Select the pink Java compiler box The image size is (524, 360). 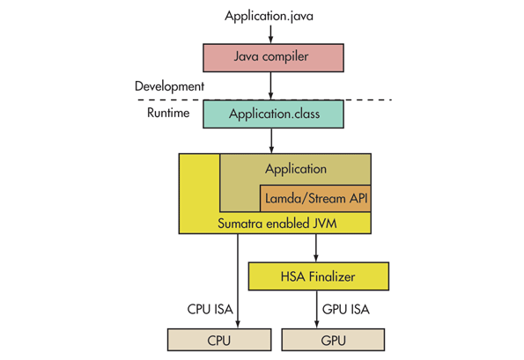tap(272, 57)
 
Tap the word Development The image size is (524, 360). tap(169, 86)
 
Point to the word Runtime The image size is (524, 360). tap(167, 113)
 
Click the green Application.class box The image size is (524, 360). tap(272, 114)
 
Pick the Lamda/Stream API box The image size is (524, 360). tap(314, 199)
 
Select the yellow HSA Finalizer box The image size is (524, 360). tap(319, 276)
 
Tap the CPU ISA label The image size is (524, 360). tap(210, 309)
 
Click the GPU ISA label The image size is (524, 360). tap(348, 309)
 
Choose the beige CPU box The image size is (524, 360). tap(219, 340)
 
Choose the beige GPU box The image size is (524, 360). tap(333, 340)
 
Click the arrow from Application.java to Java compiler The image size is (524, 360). tap(272, 33)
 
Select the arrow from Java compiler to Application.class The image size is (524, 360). tap(272, 84)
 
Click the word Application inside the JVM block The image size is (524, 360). tap(295, 169)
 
